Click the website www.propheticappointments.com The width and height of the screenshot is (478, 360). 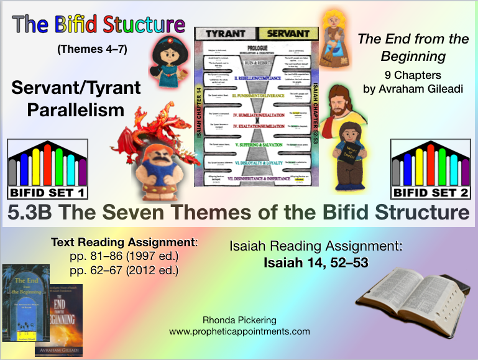239,331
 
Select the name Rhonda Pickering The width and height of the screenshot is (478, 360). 239,321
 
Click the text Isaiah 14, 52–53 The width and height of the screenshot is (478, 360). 316,263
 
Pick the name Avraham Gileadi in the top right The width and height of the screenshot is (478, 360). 413,88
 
